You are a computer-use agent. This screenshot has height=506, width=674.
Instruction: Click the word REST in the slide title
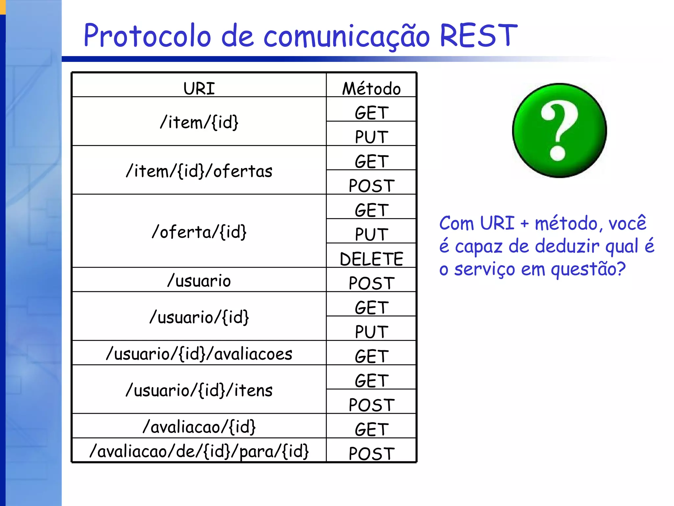(478, 36)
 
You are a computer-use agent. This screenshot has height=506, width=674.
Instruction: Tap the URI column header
(199, 88)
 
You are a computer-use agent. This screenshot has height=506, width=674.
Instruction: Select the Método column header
(371, 88)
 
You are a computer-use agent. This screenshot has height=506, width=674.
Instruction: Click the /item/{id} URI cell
(199, 122)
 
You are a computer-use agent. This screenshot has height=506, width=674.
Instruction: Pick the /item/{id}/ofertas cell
(199, 171)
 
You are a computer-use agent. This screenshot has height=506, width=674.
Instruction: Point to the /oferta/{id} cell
(199, 232)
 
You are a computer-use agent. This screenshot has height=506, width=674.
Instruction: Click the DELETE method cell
(371, 259)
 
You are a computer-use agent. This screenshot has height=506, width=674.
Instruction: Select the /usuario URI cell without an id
(199, 281)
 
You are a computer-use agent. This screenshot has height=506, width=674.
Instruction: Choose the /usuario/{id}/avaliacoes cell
(199, 354)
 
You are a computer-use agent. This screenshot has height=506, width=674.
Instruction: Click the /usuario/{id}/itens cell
(199, 390)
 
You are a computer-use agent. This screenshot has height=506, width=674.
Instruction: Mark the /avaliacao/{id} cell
(199, 427)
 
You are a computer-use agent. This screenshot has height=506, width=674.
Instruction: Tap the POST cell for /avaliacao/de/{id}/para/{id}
(371, 453)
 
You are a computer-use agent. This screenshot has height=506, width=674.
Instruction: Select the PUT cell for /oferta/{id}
(371, 234)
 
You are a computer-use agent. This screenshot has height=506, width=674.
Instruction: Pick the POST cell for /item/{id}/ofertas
(371, 185)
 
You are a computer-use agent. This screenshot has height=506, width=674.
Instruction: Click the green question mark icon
(559, 130)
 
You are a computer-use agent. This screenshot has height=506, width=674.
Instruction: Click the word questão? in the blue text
(588, 269)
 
